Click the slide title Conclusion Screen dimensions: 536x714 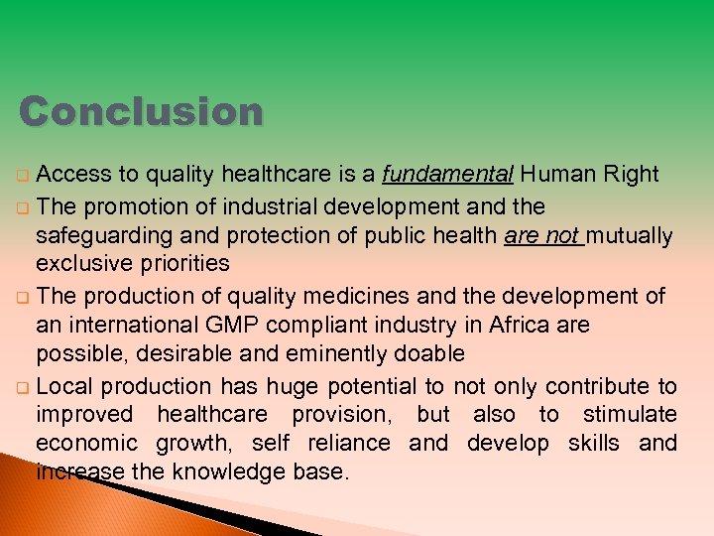[142, 112]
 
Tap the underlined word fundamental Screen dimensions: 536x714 [447, 175]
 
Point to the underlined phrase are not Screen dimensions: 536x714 [541, 235]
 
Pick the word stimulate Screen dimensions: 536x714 [630, 414]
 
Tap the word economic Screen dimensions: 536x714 [86, 443]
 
